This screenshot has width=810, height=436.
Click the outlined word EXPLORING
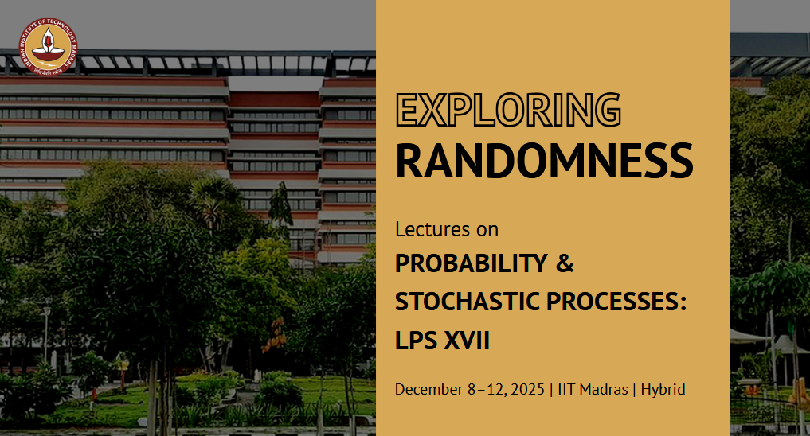coord(508,110)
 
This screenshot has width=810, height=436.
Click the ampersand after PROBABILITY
coord(564,263)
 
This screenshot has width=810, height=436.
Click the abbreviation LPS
coord(417,341)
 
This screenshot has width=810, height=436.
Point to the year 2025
coord(527,390)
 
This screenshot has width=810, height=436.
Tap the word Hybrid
coord(662,390)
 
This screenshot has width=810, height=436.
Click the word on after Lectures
coord(487,229)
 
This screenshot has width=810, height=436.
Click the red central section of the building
coord(274,99)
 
